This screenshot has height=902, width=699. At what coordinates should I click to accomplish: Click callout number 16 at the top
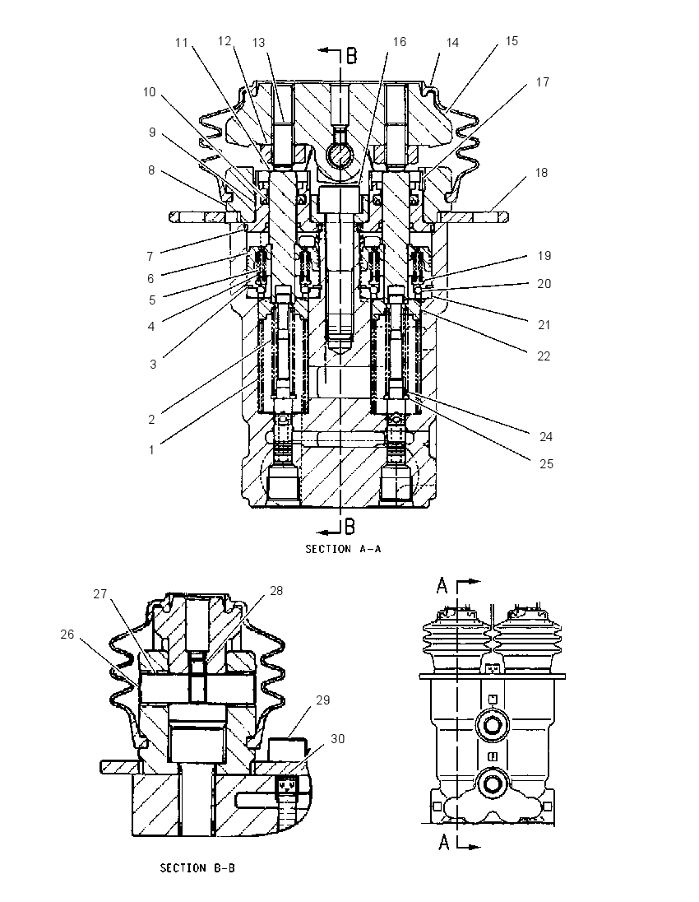point(400,42)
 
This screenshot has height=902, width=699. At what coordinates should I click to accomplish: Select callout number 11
point(182,43)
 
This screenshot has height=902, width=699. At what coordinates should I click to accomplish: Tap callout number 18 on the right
point(541,173)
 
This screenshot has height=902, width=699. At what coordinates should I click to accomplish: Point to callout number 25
point(546,463)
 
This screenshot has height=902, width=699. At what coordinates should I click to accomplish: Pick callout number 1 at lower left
point(152,450)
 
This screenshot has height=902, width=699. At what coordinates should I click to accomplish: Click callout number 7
point(150,257)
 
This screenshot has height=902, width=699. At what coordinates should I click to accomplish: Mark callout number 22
point(544,356)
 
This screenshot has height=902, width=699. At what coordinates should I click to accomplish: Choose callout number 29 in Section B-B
point(323,700)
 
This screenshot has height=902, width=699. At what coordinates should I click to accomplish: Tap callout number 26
point(67,634)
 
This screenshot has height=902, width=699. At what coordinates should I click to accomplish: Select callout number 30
point(337,738)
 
